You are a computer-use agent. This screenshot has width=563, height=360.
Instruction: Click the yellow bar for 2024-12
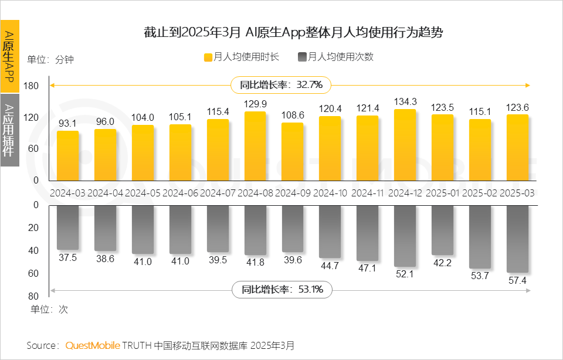click(x=405, y=145)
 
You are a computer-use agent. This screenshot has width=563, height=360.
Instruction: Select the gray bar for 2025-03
click(x=517, y=239)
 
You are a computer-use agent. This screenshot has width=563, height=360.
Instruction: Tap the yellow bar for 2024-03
click(x=67, y=155)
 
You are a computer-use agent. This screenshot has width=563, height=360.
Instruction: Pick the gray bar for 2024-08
click(x=255, y=230)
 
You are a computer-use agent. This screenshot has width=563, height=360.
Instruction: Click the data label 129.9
click(x=255, y=104)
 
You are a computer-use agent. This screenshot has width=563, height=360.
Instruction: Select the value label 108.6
click(x=293, y=115)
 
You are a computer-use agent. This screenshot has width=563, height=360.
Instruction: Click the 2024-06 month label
click(x=180, y=192)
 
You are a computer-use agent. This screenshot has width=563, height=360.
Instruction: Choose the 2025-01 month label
click(x=442, y=192)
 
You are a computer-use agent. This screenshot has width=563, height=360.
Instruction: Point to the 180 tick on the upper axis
click(x=32, y=86)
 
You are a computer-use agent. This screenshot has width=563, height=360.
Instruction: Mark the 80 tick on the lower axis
click(x=33, y=296)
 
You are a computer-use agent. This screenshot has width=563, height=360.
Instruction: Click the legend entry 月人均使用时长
click(x=241, y=57)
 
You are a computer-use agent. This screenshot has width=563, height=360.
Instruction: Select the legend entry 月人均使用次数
click(x=335, y=57)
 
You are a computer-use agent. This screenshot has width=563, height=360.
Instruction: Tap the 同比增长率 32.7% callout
click(x=281, y=84)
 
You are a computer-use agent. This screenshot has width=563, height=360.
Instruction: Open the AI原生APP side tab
click(x=9, y=56)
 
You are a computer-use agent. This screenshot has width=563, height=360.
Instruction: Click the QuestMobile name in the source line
click(x=93, y=345)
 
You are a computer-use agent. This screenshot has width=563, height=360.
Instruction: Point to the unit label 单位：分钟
click(x=50, y=59)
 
